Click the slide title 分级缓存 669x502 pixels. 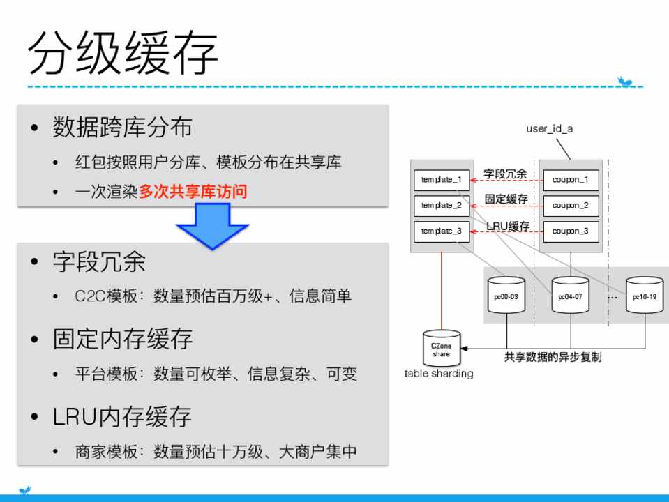point(123,53)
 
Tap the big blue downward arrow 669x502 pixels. point(213,226)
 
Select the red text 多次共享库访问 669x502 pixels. point(193,192)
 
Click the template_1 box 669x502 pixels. point(442,180)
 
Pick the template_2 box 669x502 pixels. point(442,206)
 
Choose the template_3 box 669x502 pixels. point(442,231)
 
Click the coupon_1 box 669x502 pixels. point(571,180)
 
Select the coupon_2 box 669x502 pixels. point(571,206)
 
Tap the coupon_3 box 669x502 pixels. point(571,231)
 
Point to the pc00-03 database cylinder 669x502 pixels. point(506,295)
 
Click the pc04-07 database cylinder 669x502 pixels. point(571,295)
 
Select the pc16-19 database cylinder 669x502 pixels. point(645,295)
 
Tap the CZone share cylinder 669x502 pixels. point(442,349)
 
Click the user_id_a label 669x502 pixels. point(550,128)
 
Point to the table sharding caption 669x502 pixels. point(439,374)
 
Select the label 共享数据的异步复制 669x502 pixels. point(553,357)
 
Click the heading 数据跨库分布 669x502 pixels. point(123,127)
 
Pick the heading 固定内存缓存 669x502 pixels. point(123,339)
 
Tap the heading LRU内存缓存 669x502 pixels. point(122,417)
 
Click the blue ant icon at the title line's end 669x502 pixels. point(625,81)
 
